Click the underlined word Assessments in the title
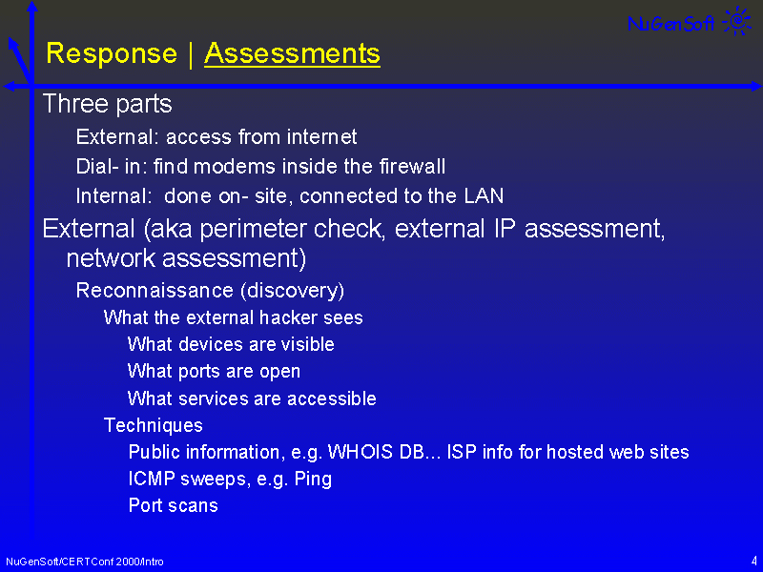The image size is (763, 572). pos(292,53)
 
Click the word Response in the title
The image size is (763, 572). pos(112,54)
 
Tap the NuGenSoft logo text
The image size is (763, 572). pos(671,23)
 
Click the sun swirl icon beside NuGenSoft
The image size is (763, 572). pos(737,21)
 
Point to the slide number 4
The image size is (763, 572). pos(753,561)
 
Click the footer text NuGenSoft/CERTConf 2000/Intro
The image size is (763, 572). pos(85,562)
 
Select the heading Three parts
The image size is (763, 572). pos(108,104)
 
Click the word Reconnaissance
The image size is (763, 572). pos(155,291)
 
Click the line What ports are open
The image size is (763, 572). pos(214,372)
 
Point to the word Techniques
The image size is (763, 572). pos(154,425)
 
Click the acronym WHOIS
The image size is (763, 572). pos(361,452)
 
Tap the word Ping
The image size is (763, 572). pos(314,480)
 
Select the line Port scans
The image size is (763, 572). pos(174,506)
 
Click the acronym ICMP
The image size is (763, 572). pos(152,479)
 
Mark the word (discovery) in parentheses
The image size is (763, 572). pos(293,291)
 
